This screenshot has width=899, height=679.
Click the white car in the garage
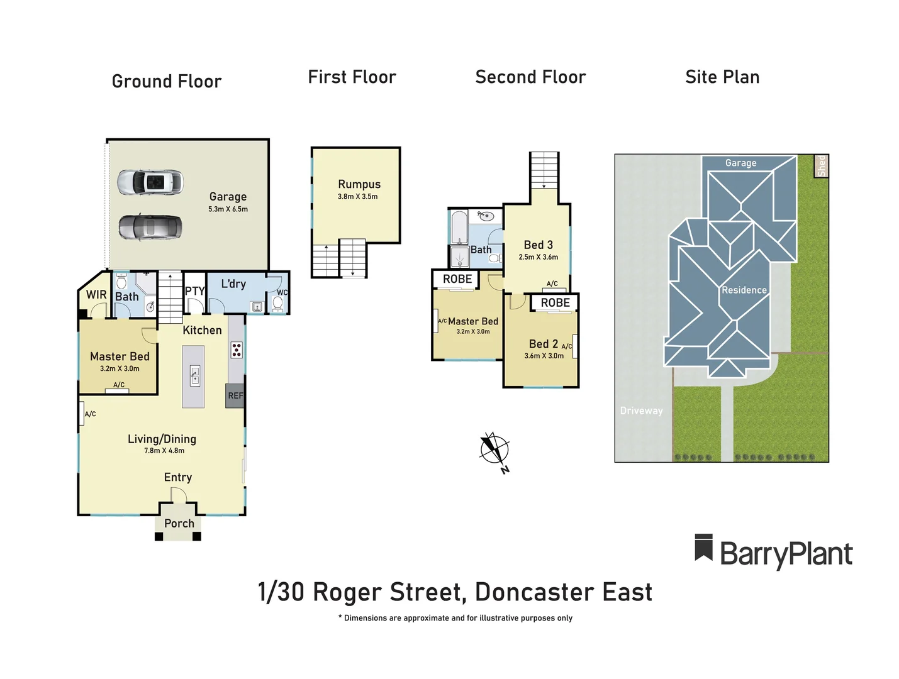(150, 182)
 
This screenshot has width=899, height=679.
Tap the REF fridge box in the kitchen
(235, 395)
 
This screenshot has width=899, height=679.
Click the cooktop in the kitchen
(237, 350)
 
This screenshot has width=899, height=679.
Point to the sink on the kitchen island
(195, 376)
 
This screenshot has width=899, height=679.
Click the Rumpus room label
(359, 184)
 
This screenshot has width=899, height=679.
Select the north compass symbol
(494, 450)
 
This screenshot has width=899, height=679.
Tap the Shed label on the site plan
(821, 166)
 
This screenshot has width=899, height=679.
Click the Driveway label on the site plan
(641, 411)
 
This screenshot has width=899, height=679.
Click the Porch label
(179, 523)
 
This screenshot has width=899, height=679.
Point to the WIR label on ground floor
(96, 294)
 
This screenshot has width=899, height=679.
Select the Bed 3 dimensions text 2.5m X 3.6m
(538, 257)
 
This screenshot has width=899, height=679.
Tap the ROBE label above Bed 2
(555, 302)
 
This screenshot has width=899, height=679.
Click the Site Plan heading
(722, 77)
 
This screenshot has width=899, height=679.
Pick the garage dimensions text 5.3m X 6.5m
(228, 209)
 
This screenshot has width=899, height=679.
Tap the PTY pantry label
(194, 291)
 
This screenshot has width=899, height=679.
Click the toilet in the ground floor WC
(277, 304)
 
